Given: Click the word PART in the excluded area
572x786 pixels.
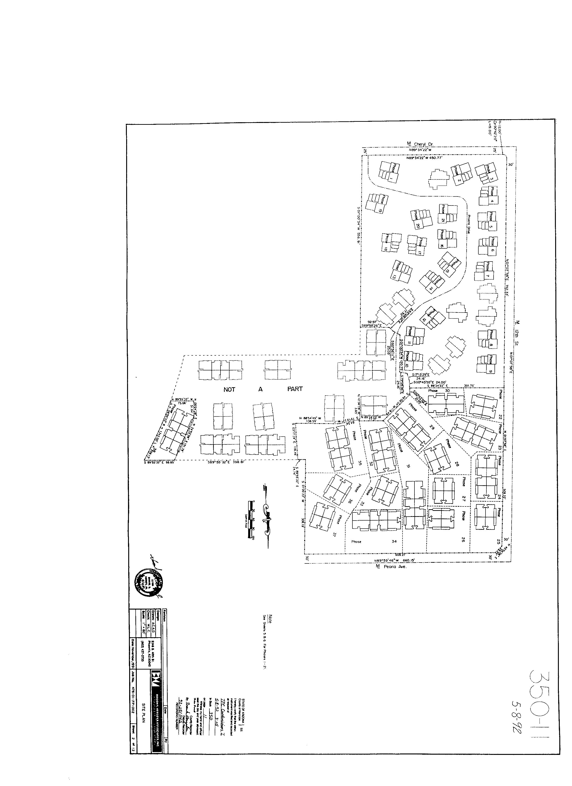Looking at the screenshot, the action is click(x=295, y=389).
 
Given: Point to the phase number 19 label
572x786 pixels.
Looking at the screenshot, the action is click(x=380, y=210).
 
